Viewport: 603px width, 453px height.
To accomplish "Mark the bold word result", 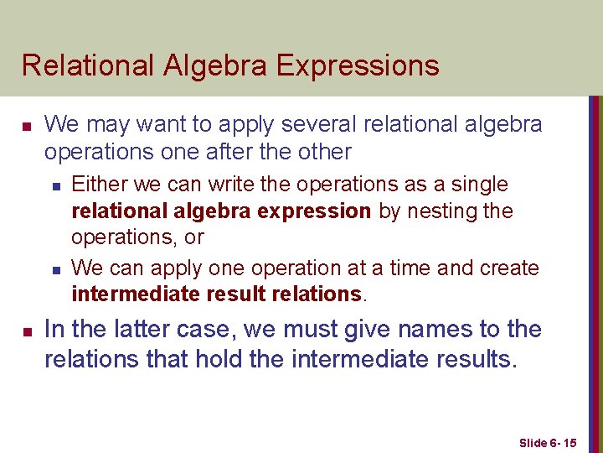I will tap(240, 294).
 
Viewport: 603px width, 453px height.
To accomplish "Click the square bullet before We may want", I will tap(26, 127).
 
